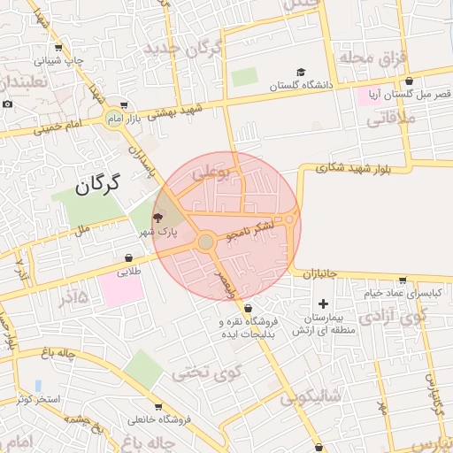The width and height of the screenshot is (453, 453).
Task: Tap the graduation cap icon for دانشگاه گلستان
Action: pyautogui.click(x=301, y=73)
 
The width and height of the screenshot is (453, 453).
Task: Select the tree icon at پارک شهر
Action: pyautogui.click(x=157, y=217)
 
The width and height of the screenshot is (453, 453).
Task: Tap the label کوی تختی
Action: pyautogui.click(x=205, y=372)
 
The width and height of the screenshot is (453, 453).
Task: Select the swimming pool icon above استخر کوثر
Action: pyautogui.click(x=37, y=386)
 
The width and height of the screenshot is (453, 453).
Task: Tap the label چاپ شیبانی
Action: pyautogui.click(x=59, y=61)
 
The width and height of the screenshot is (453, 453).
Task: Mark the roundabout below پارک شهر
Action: pyautogui.click(x=205, y=242)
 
